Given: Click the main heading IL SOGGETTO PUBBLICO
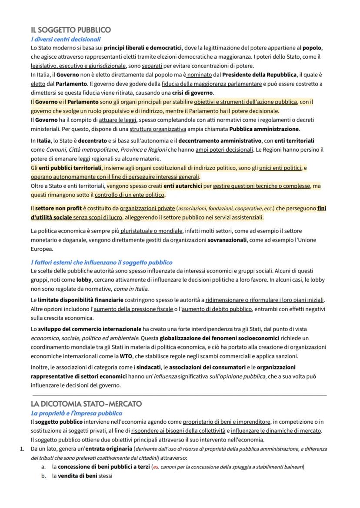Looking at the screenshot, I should coord(71,30).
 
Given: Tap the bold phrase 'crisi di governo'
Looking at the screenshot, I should coord(193,93).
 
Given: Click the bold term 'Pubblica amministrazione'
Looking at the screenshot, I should coord(264,129).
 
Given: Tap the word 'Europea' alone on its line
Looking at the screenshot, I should coord(42,249).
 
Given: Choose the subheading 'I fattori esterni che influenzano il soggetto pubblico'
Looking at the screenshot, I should coord(101,262).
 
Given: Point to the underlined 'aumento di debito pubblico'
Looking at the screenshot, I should coord(217,309).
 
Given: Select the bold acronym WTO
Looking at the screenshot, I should coord(126,356).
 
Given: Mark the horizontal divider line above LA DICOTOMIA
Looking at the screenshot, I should coord(178,395).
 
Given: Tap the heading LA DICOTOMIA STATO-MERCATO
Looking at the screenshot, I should coord(86,404).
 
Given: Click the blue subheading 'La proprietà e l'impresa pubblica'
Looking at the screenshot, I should coord(77,413).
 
